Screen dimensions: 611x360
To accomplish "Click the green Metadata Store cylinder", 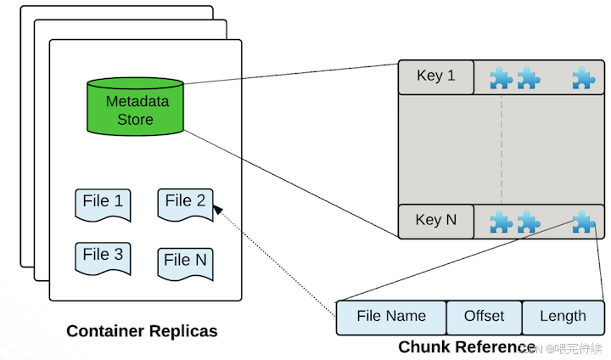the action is pyautogui.click(x=135, y=106).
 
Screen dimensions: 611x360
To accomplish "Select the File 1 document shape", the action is pyautogui.click(x=103, y=205).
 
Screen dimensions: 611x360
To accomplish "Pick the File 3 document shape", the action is pyautogui.click(x=103, y=259).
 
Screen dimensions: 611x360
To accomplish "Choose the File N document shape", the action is pyautogui.click(x=186, y=264).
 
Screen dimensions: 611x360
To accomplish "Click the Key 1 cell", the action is pyautogui.click(x=436, y=76).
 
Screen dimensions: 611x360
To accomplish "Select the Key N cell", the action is pyautogui.click(x=436, y=221).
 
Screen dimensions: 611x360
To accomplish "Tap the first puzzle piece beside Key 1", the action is pyautogui.click(x=502, y=77).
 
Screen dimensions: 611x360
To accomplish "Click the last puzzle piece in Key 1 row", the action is pyautogui.click(x=584, y=77).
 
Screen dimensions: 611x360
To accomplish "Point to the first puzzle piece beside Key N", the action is pyautogui.click(x=502, y=222).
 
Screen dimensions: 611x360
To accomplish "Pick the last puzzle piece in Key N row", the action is pyautogui.click(x=584, y=222).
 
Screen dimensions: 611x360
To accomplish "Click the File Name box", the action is pyautogui.click(x=391, y=318).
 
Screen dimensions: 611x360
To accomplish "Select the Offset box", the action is pyautogui.click(x=484, y=318).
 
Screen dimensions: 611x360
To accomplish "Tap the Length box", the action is pyautogui.click(x=563, y=318).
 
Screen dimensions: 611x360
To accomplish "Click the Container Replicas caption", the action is pyautogui.click(x=142, y=331).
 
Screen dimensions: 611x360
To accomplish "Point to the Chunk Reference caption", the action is pyautogui.click(x=467, y=346).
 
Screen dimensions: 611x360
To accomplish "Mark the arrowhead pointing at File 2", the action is pyautogui.click(x=217, y=210).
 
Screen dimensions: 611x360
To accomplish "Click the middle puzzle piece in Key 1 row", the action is pyautogui.click(x=529, y=77).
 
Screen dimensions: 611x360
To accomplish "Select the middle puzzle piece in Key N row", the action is pyautogui.click(x=529, y=222).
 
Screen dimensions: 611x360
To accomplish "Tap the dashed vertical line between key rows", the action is pyautogui.click(x=502, y=149).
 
